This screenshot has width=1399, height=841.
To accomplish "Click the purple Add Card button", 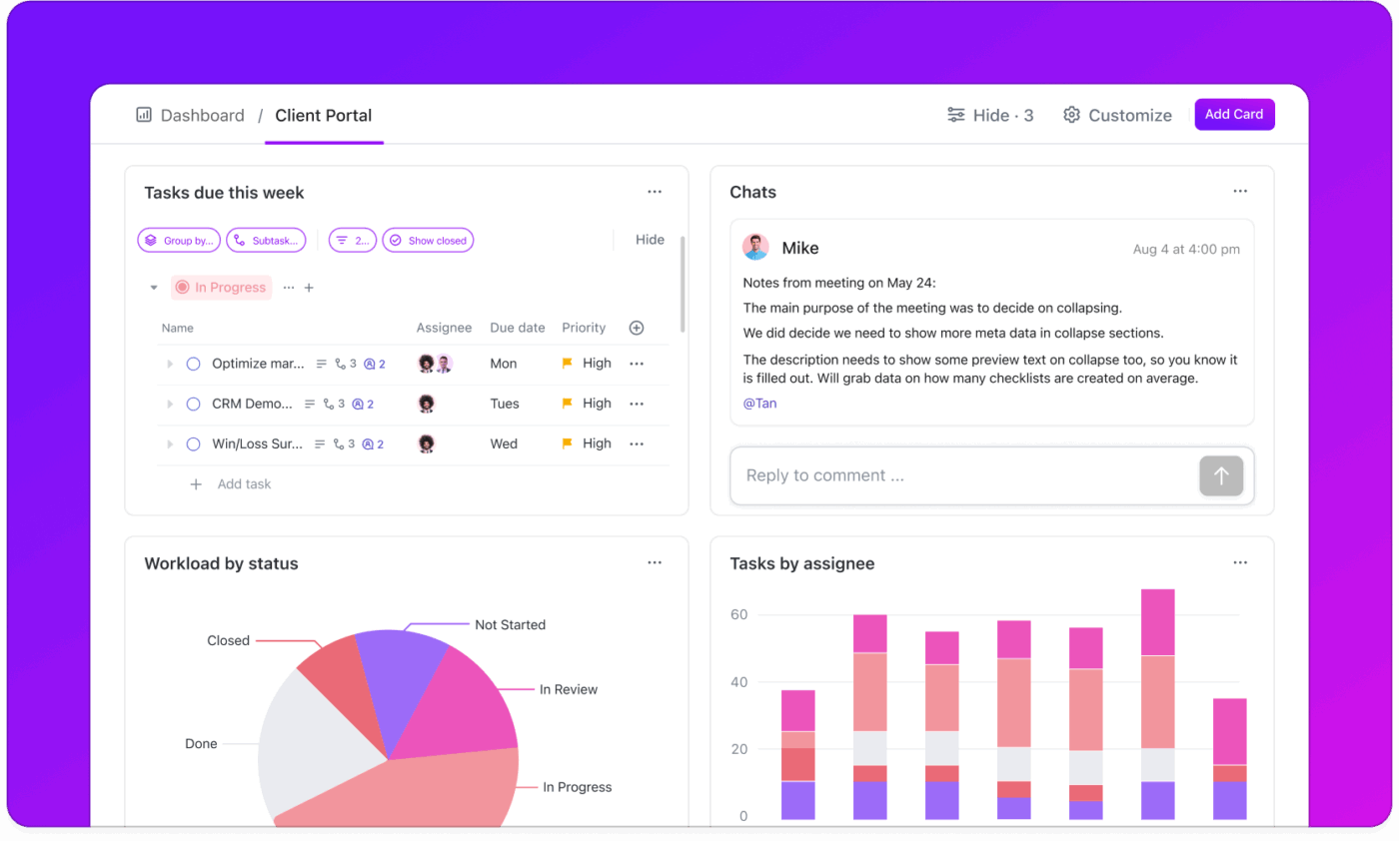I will [x=1234, y=115].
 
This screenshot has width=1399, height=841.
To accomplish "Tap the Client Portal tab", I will [x=323, y=116].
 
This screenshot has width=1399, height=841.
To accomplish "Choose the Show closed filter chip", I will [x=428, y=241].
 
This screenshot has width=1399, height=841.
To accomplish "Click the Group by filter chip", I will [x=179, y=241].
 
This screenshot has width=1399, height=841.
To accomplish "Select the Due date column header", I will [x=517, y=328].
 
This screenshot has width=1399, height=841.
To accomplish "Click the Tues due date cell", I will [x=505, y=404].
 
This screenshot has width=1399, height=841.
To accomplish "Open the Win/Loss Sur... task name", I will [x=257, y=443].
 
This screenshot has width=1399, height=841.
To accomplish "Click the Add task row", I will [x=243, y=484].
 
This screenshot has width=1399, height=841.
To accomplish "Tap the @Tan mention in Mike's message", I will [x=759, y=404].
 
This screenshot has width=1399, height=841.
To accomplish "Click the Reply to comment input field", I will [x=959, y=475].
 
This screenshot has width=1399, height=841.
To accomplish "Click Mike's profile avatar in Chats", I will [x=755, y=248].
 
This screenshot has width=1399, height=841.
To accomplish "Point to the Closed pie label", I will [x=228, y=641].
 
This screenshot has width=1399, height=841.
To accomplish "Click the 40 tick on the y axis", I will [x=738, y=683].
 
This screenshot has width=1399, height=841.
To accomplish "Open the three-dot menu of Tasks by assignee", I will [x=1239, y=563].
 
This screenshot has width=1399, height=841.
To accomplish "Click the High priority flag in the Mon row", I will [x=568, y=364].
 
